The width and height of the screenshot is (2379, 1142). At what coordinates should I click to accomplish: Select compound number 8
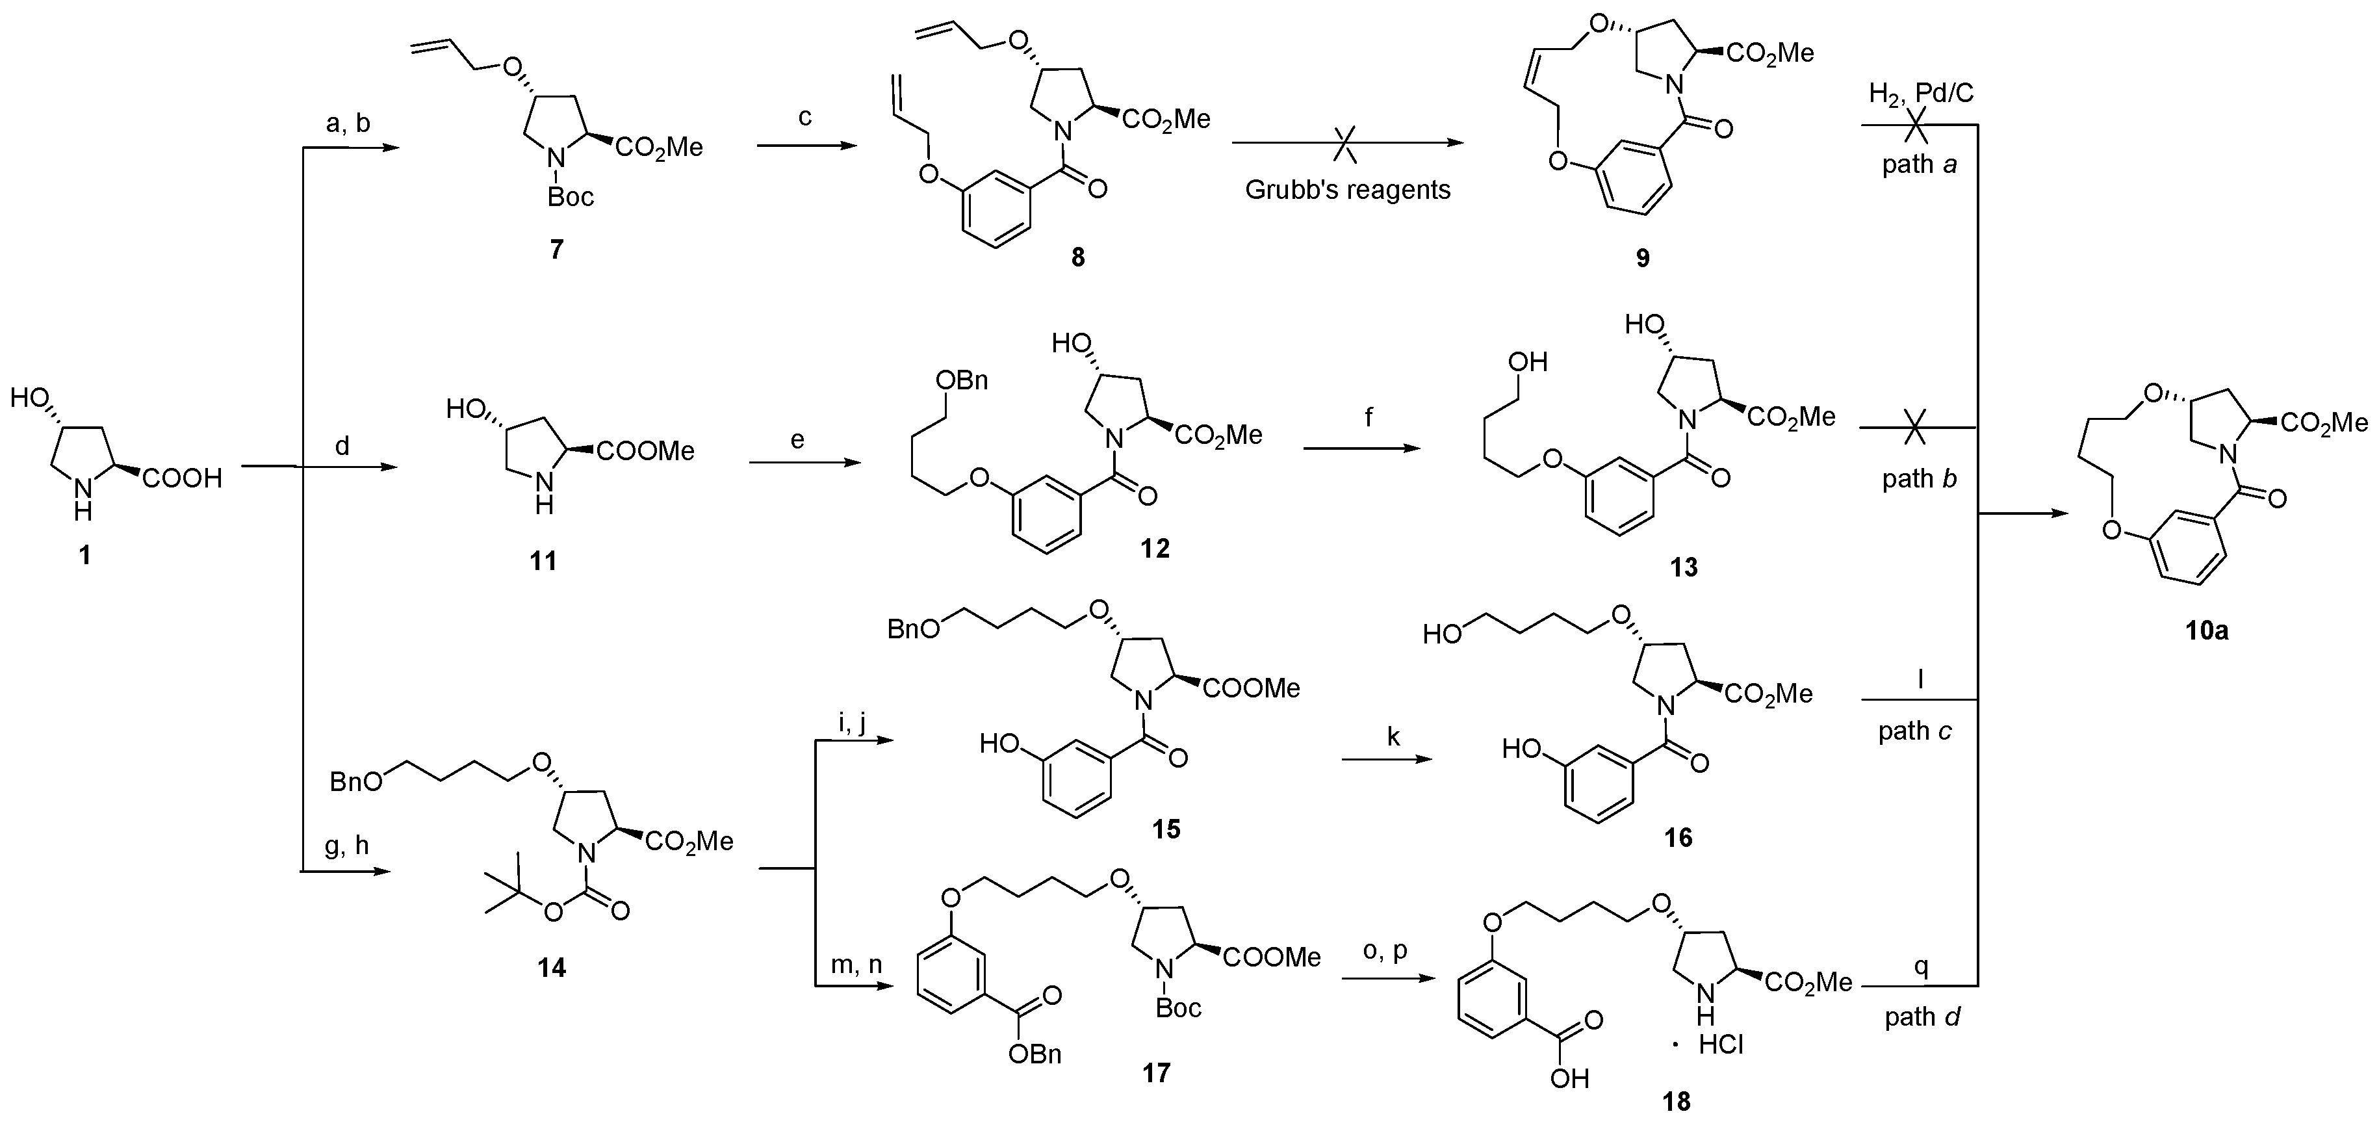coord(1078,256)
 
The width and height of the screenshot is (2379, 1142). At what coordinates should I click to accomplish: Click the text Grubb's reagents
coord(1348,190)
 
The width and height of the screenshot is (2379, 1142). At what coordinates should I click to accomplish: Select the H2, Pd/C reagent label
coord(1921,94)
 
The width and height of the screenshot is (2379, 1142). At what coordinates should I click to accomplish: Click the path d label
coord(1923,1017)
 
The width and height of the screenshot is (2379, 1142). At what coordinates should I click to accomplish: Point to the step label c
coord(804,118)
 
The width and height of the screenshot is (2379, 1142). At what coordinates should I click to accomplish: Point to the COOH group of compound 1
coord(181,478)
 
